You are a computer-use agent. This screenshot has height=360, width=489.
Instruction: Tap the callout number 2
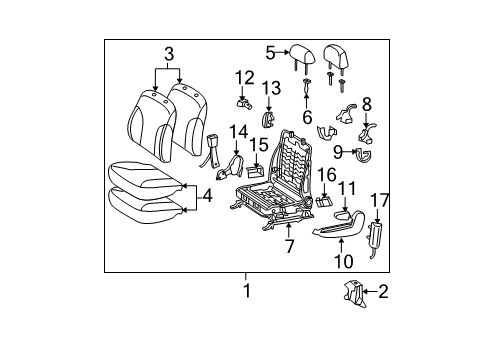coord(382,292)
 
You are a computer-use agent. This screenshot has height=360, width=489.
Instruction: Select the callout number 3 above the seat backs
coord(169,53)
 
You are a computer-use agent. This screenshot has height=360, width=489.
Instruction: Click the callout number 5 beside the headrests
coord(270,52)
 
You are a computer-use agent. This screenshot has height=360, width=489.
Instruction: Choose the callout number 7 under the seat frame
coord(289,246)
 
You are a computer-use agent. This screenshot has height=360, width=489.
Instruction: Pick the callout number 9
coord(338,151)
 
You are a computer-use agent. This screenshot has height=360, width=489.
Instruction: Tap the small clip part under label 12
coord(243,101)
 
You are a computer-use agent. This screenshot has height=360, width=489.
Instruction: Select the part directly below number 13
coord(268,120)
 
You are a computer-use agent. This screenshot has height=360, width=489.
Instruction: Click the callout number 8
coord(366,103)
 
